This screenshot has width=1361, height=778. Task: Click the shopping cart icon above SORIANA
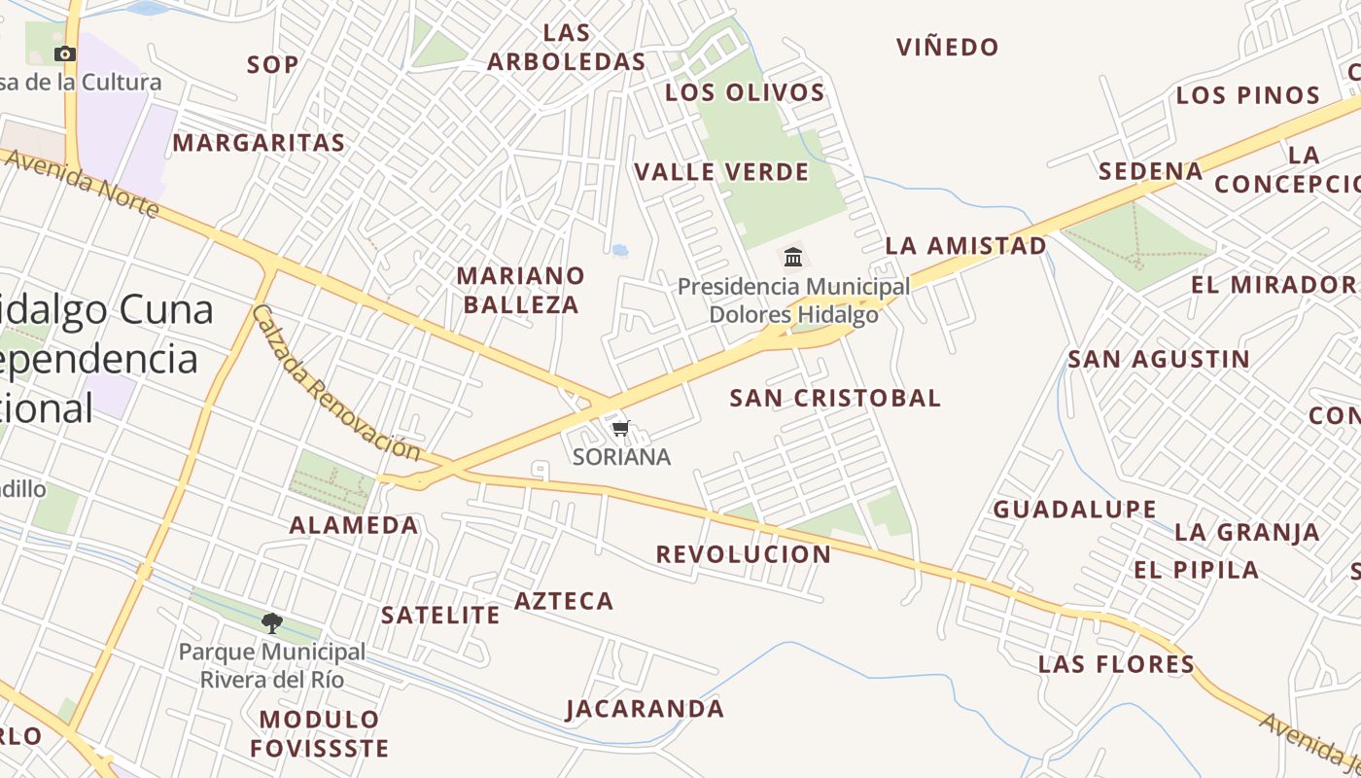[x=621, y=428]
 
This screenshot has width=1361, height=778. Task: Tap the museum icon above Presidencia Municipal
[x=793, y=258]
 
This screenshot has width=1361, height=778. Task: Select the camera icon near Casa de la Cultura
[x=65, y=53]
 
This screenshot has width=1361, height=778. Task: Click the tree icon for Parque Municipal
[x=272, y=622]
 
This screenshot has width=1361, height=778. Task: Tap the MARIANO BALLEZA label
[x=521, y=290]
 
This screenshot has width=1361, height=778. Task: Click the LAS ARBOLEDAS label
[x=567, y=47]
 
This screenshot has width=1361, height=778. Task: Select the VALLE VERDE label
[x=721, y=172]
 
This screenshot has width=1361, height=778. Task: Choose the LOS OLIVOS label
[x=745, y=92]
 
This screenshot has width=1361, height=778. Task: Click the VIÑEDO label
[x=948, y=47]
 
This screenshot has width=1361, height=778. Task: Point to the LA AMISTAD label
[x=966, y=245]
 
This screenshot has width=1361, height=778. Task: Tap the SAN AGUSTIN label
[x=1159, y=359]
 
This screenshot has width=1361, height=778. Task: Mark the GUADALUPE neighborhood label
[x=1074, y=509]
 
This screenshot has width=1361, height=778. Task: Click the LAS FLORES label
[x=1116, y=664]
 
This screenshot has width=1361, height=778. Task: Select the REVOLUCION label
[x=744, y=554]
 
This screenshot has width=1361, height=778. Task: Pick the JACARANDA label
[x=646, y=708]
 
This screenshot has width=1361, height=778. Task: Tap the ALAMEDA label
[x=354, y=525]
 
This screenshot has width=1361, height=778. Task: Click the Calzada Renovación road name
[x=335, y=383]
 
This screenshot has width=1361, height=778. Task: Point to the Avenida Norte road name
[x=82, y=183]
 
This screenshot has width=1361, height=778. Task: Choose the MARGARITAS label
[x=259, y=143]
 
